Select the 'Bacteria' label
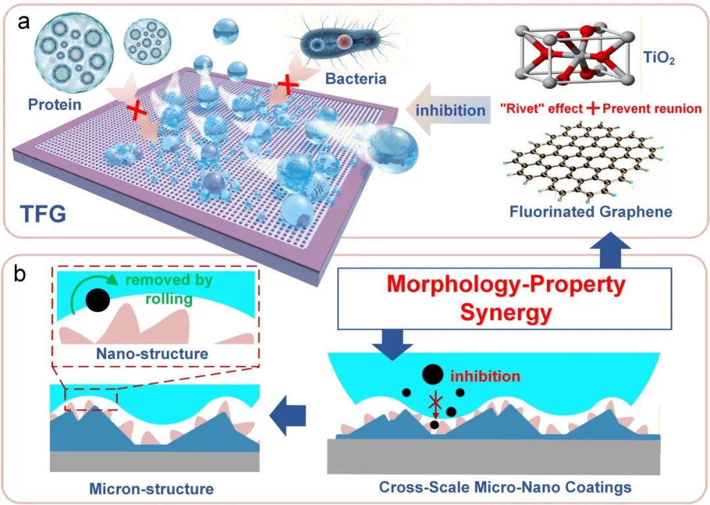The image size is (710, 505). [x=355, y=79]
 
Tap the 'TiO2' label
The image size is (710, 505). [x=658, y=60]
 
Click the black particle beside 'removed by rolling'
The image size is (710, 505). [x=97, y=301]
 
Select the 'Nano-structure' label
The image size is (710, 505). [x=152, y=354]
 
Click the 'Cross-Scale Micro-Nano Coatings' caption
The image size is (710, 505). [x=505, y=488]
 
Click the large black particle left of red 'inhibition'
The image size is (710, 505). [x=432, y=374]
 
